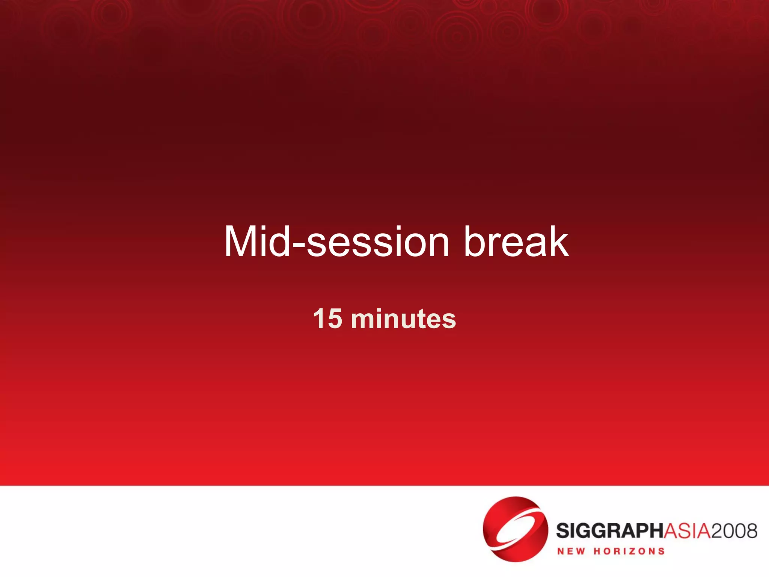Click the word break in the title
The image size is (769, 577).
click(x=516, y=242)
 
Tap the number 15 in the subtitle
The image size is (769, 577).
click(x=327, y=319)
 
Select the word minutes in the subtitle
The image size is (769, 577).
click(x=403, y=319)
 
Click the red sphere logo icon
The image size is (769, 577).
click(x=515, y=529)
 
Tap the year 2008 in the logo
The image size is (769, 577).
click(x=734, y=531)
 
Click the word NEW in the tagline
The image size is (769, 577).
click(x=571, y=551)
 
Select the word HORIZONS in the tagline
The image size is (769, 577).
click(x=629, y=551)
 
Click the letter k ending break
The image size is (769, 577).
click(x=559, y=242)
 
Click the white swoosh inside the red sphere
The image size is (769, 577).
click(x=515, y=528)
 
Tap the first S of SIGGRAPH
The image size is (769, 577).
click(x=563, y=531)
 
